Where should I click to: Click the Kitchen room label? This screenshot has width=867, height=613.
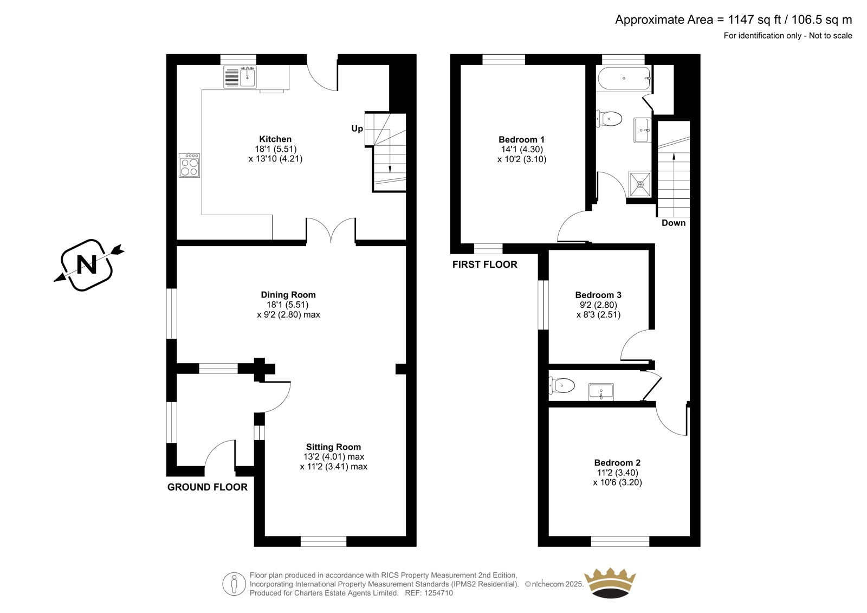pyautogui.click(x=275, y=139)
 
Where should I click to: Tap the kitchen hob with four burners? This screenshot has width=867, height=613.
pyautogui.click(x=189, y=165)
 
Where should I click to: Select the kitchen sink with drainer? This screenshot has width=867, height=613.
pyautogui.click(x=240, y=76)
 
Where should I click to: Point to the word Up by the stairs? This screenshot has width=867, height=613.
pyautogui.click(x=357, y=128)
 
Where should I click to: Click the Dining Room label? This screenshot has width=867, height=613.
pyautogui.click(x=288, y=295)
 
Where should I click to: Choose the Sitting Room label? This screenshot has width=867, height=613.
pyautogui.click(x=333, y=447)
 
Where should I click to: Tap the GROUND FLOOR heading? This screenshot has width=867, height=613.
pyautogui.click(x=207, y=487)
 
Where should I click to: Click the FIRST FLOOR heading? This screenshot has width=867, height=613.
pyautogui.click(x=484, y=264)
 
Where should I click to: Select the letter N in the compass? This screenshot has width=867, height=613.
pyautogui.click(x=87, y=265)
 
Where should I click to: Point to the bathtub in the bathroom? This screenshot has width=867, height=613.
pyautogui.click(x=624, y=78)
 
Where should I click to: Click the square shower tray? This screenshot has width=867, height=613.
pyautogui.click(x=639, y=184)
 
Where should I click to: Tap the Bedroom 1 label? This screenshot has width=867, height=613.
pyautogui.click(x=521, y=139)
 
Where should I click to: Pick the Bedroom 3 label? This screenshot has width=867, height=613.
pyautogui.click(x=598, y=295)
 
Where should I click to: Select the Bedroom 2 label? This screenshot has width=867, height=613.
pyautogui.click(x=617, y=463)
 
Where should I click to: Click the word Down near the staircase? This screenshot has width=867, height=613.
pyautogui.click(x=674, y=223)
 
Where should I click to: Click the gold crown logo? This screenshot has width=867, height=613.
pyautogui.click(x=610, y=583)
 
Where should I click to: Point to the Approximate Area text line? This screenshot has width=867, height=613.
pyautogui.click(x=734, y=20)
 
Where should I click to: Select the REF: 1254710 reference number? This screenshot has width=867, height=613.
pyautogui.click(x=429, y=593)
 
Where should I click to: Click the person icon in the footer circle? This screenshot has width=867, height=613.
pyautogui.click(x=234, y=584)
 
